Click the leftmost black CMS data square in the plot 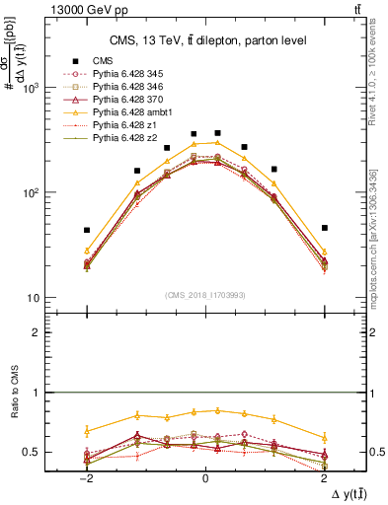(87, 230)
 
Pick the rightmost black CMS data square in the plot (324, 228)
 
